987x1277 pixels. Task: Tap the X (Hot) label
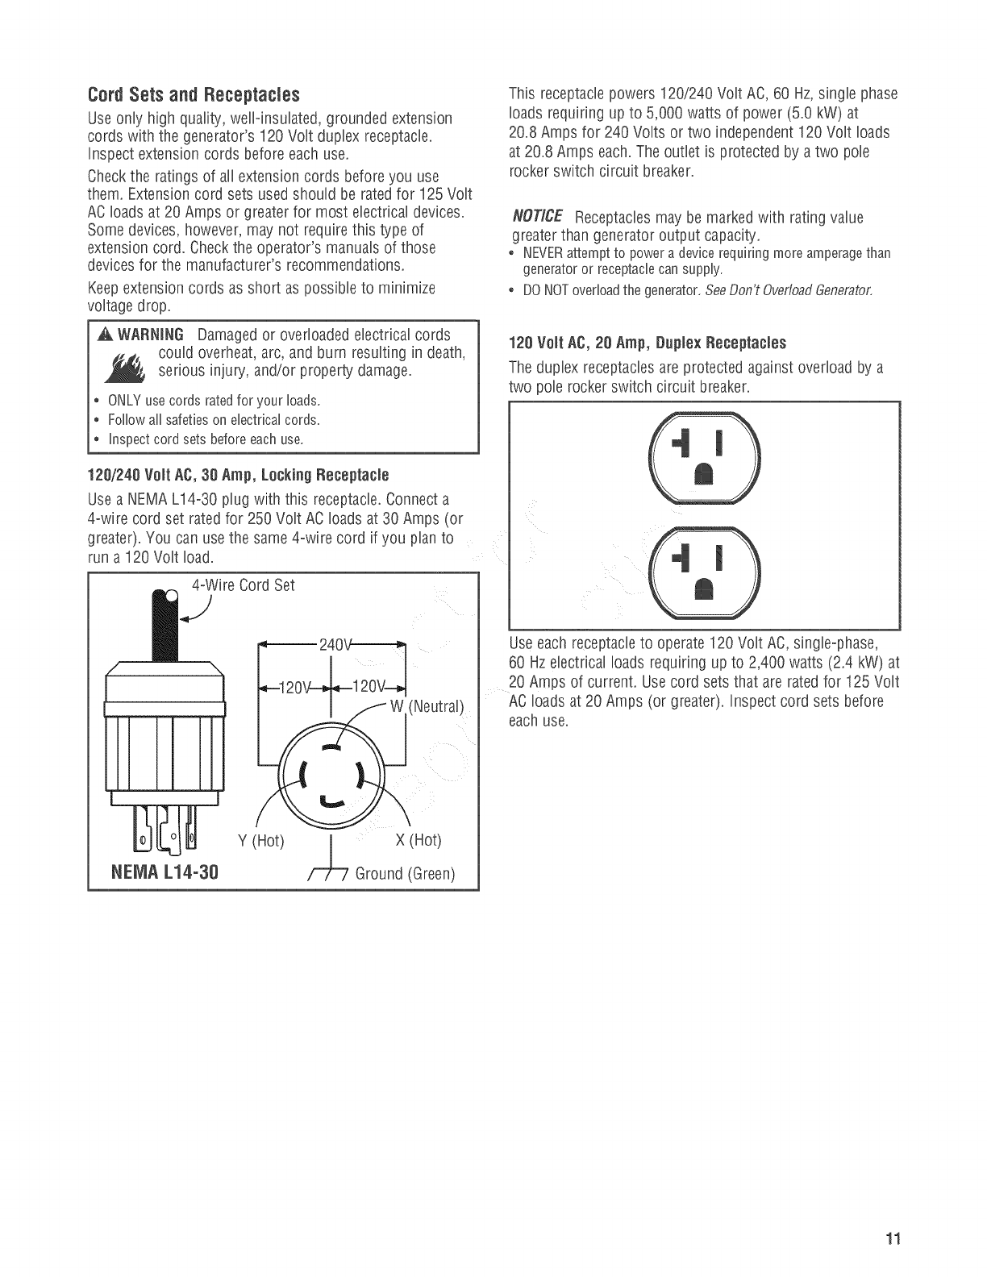(419, 840)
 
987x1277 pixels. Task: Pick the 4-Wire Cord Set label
(244, 585)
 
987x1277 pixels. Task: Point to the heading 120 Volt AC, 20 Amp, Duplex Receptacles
(648, 343)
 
